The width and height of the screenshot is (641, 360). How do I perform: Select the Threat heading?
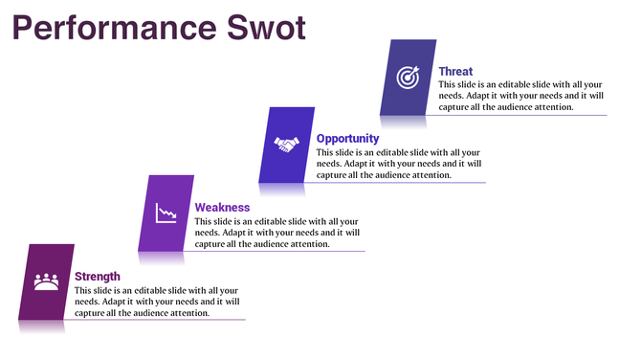pos(455,71)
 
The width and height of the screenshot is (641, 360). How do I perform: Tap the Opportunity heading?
pos(347,139)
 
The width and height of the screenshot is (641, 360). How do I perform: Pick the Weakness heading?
pos(222,207)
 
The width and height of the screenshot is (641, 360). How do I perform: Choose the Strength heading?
pos(98,277)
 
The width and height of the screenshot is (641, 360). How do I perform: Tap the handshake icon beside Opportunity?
pos(286,145)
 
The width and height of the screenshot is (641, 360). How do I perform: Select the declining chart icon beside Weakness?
pos(166,213)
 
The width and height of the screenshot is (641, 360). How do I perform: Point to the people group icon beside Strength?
pos(46,281)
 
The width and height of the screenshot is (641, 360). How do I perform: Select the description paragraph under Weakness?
pos(277,233)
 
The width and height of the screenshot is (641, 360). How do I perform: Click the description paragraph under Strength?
pos(157,302)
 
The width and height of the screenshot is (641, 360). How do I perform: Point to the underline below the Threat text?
pos(517,116)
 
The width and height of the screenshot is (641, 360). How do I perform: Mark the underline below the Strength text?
pos(158,320)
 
